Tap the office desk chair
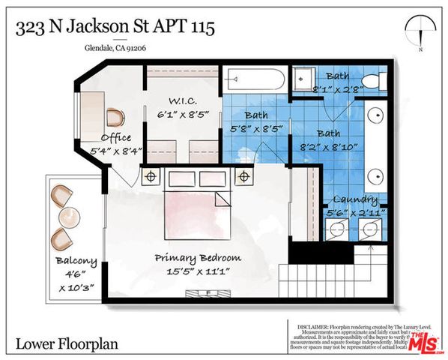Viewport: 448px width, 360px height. pyautogui.click(x=115, y=118)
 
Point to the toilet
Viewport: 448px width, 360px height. pyautogui.click(x=369, y=80)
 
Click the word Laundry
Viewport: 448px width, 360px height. pyautogui.click(x=357, y=199)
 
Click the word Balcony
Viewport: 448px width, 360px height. pyautogui.click(x=76, y=261)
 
